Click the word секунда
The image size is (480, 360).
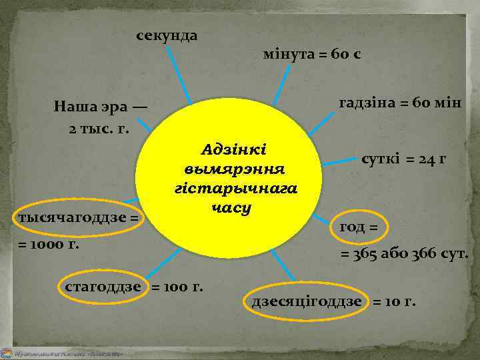(167, 35)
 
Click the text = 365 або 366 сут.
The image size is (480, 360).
(405, 254)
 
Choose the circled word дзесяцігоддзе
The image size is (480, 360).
(307, 301)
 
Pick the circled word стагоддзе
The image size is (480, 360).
(103, 287)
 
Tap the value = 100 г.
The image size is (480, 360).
(178, 287)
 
